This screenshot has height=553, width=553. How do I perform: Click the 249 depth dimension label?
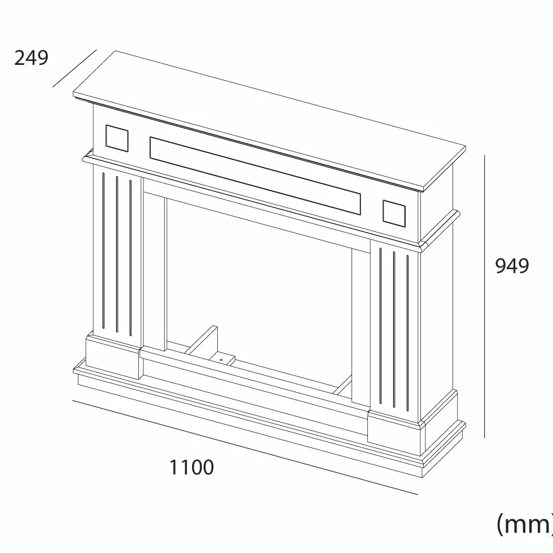pyautogui.click(x=31, y=58)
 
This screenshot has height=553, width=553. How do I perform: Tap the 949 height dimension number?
pyautogui.click(x=512, y=266)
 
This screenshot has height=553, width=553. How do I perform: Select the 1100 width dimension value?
pyautogui.click(x=191, y=467)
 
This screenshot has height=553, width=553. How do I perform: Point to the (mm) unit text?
pyautogui.click(x=524, y=525)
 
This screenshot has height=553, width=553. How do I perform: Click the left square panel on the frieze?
pyautogui.click(x=117, y=138)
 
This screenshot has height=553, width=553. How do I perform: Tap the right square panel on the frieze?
pyautogui.click(x=394, y=213)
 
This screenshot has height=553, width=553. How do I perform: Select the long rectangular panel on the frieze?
pyautogui.click(x=255, y=175)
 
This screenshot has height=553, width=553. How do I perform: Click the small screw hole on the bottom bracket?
pyautogui.click(x=221, y=360)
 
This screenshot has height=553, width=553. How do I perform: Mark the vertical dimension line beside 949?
pyautogui.click(x=485, y=296)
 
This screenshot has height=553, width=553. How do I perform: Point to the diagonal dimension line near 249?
pyautogui.click(x=74, y=68)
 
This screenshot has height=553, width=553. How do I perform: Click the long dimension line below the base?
pyautogui.click(x=245, y=447)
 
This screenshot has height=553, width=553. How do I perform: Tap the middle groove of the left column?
pyautogui.click(x=117, y=253)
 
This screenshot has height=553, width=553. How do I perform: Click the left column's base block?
pyautogui.click(x=113, y=357)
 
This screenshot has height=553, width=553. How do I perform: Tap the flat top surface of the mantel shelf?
pyautogui.click(x=270, y=119)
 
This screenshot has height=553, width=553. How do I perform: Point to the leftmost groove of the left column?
pyautogui.click(x=103, y=250)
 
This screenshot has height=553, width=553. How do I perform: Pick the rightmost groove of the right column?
pyautogui.click(x=407, y=333)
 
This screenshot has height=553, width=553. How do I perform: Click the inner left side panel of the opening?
pyautogui.click(x=155, y=271)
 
